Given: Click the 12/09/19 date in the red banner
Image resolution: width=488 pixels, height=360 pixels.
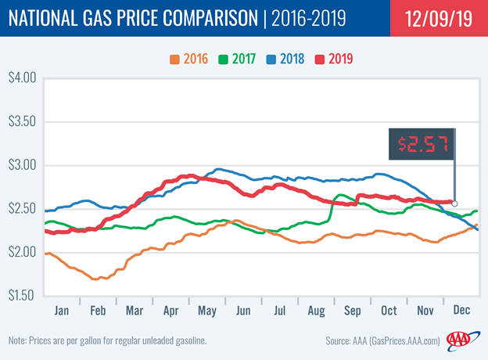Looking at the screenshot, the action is (x=439, y=18).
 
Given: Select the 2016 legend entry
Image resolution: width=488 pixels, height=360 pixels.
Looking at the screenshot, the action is (x=189, y=59).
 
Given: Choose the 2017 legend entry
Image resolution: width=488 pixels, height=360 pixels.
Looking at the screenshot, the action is (x=237, y=59).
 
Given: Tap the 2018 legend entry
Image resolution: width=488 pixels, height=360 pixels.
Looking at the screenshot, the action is (x=285, y=59).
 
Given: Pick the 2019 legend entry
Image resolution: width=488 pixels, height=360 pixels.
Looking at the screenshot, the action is (x=334, y=59).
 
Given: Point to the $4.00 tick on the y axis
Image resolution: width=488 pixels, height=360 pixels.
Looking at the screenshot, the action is (x=22, y=77).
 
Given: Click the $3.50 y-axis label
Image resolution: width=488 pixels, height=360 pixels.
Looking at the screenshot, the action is (x=22, y=121).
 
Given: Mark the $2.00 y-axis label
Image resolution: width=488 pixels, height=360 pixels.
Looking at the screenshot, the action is (x=22, y=252).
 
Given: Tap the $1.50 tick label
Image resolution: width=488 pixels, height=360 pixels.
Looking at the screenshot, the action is (x=21, y=295).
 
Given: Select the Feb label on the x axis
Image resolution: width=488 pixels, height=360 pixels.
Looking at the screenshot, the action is (x=98, y=311).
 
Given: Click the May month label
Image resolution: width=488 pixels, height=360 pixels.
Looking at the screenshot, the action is (x=207, y=311).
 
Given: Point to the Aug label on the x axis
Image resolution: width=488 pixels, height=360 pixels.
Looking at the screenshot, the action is (x=316, y=311).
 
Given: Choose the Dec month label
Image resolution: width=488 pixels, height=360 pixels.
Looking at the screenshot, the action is (x=461, y=310).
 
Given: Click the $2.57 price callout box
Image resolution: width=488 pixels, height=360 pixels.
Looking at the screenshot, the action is (x=422, y=144).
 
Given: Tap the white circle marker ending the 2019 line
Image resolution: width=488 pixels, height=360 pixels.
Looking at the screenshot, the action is (x=454, y=203).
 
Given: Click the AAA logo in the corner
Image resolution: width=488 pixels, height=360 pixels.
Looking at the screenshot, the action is (x=463, y=340).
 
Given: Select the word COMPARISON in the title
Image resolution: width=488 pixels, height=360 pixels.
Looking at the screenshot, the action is (x=210, y=18).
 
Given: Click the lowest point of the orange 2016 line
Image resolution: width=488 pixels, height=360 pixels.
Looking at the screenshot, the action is (x=95, y=279).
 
